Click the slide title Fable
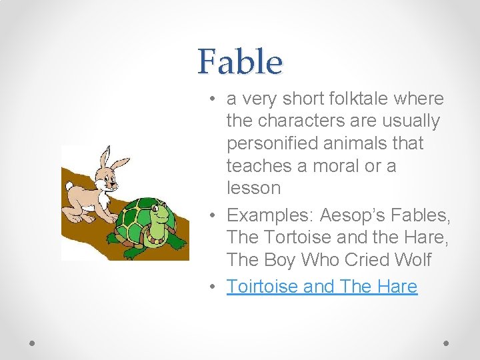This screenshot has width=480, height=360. [x=240, y=62]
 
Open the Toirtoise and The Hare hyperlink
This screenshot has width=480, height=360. [x=321, y=287]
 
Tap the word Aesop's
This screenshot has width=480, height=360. [x=349, y=215]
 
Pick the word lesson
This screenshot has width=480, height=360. [x=253, y=188]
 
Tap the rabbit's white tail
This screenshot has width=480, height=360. [x=68, y=186]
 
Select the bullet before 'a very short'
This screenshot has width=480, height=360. [x=210, y=99]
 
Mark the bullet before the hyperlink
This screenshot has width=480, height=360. [x=210, y=287]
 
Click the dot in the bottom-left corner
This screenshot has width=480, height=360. [x=33, y=343]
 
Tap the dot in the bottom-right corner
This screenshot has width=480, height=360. [x=447, y=343]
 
